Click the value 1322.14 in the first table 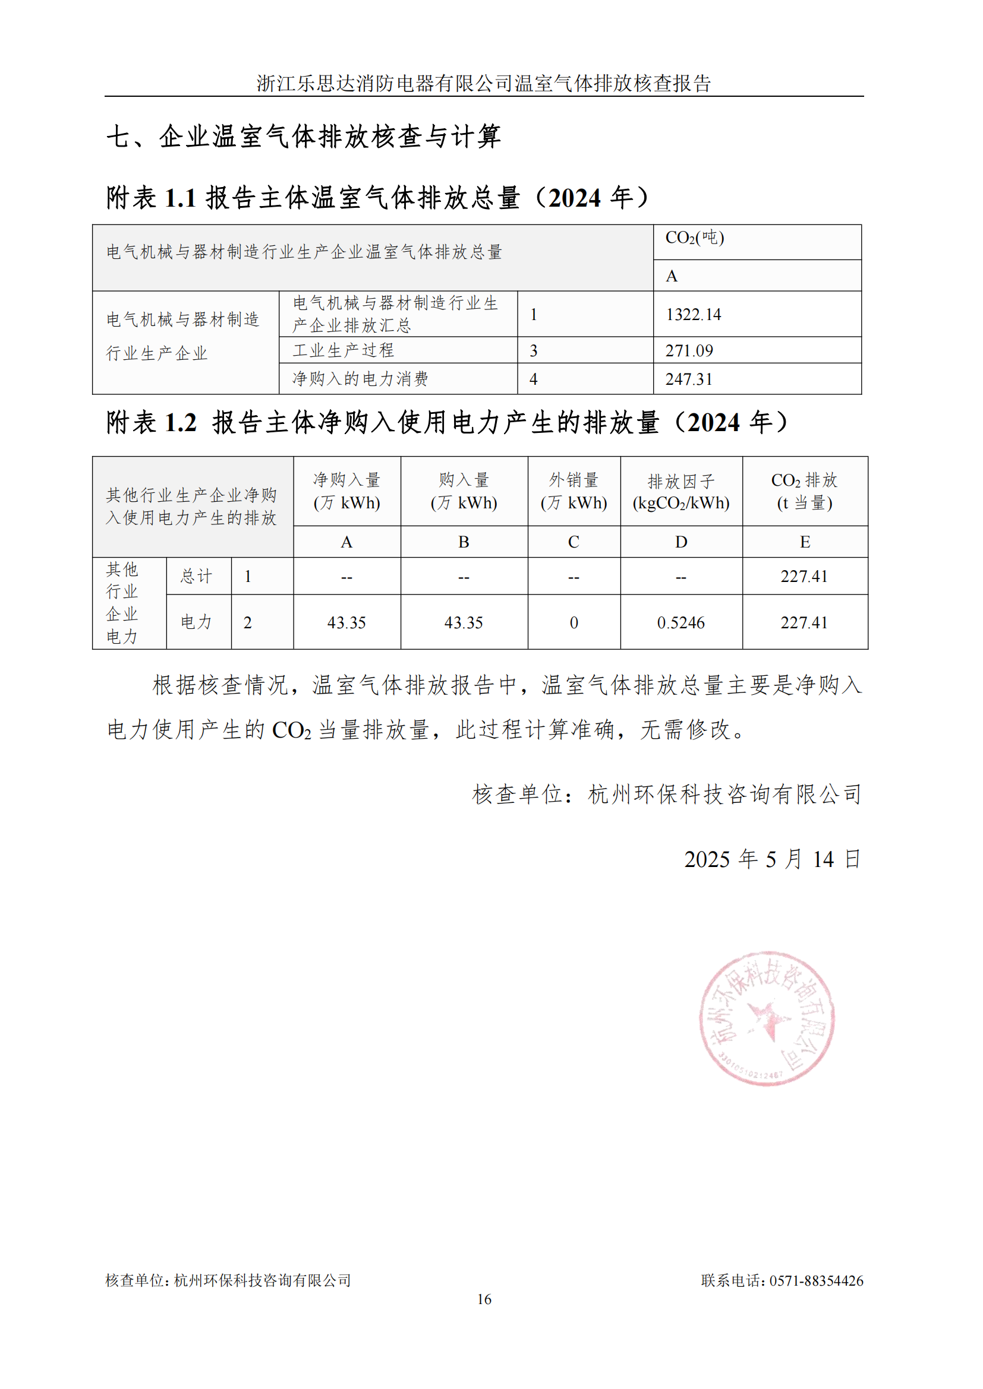[x=693, y=315]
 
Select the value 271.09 [x=689, y=351]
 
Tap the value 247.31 [x=689, y=379]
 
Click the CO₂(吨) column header [x=694, y=238]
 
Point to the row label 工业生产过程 [x=343, y=350]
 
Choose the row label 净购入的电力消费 [x=360, y=379]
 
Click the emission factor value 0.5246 [x=681, y=623]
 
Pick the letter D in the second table [x=681, y=542]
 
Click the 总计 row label [x=197, y=577]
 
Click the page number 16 [x=484, y=1299]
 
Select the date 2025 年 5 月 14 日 [x=772, y=859]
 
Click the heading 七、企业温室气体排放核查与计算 [x=304, y=137]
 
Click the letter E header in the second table [x=805, y=542]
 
